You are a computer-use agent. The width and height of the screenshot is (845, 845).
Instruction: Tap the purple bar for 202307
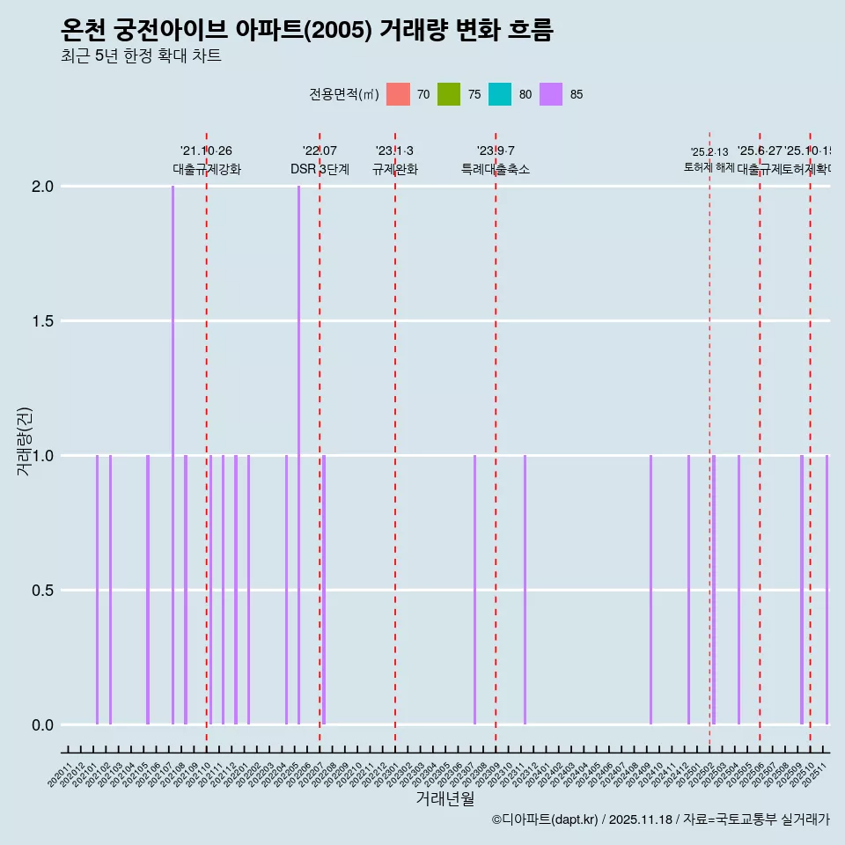point(474,590)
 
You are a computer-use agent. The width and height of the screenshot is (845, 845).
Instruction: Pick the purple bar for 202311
point(525,590)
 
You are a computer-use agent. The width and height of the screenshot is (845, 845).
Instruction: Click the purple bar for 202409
point(650,590)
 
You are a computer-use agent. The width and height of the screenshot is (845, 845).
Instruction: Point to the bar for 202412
point(688,590)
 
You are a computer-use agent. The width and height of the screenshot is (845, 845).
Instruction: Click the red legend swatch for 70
point(399,94)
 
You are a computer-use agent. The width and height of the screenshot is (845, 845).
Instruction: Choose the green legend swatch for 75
point(449,94)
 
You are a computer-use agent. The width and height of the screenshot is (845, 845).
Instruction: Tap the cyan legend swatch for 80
point(500,94)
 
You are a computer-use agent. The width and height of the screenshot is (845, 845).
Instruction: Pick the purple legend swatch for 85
point(551,94)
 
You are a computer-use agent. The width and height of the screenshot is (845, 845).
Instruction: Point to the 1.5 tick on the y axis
point(43,321)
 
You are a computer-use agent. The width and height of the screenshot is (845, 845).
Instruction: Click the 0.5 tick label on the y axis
point(43,591)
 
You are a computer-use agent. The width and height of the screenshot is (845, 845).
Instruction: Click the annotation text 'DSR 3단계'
point(320,170)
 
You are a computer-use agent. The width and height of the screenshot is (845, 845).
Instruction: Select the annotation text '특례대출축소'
point(496,170)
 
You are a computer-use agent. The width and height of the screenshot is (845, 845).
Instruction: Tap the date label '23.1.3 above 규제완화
point(394,151)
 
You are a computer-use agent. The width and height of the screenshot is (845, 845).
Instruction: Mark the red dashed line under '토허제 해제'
point(709,440)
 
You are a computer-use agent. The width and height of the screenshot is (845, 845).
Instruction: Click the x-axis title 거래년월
point(445,799)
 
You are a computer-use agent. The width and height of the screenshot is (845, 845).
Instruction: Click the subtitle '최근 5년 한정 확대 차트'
point(141,56)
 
